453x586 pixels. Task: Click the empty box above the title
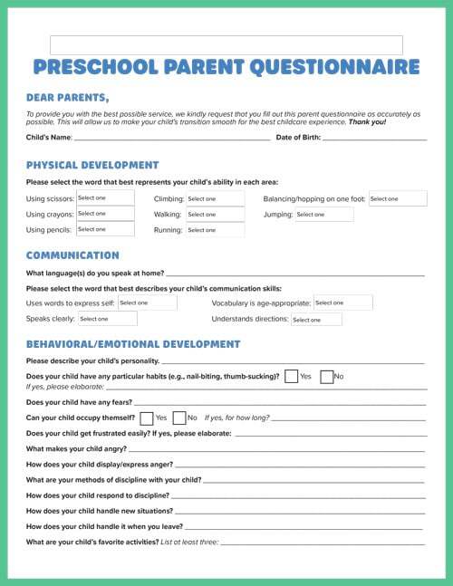click(x=226, y=45)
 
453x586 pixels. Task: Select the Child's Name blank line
click(x=172, y=138)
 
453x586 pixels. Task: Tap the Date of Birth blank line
click(x=374, y=138)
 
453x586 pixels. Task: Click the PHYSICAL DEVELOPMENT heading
click(x=92, y=166)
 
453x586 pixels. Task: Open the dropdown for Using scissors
click(x=104, y=198)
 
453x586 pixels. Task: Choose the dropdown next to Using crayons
click(x=104, y=214)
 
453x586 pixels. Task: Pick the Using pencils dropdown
click(x=104, y=230)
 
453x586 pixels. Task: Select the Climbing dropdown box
click(x=215, y=198)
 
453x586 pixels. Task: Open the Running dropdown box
click(x=215, y=230)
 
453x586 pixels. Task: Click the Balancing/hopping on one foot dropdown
click(x=397, y=198)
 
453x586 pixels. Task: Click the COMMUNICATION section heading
click(x=72, y=255)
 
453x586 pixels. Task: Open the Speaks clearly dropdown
click(x=106, y=319)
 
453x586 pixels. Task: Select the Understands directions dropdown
click(x=315, y=320)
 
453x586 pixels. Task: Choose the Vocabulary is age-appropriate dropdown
click(x=342, y=303)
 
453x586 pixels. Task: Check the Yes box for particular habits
click(x=292, y=376)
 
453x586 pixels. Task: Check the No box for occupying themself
click(x=178, y=418)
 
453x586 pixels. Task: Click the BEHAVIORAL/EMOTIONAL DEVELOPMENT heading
click(x=132, y=344)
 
